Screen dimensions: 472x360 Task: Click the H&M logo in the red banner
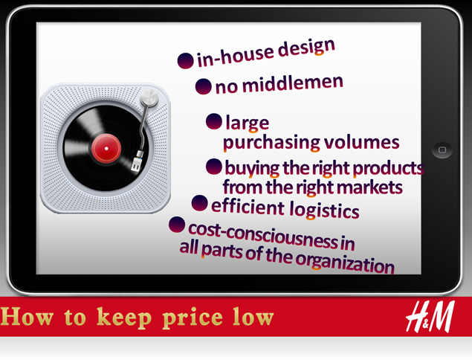tap(430, 316)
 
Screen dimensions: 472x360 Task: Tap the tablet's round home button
tap(442, 150)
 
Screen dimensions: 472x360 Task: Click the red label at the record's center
tap(106, 149)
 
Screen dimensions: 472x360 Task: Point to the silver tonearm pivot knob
tap(149, 97)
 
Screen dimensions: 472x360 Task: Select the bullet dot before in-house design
tap(185, 60)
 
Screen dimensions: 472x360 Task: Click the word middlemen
tap(293, 83)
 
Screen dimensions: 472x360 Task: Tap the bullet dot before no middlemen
tap(203, 86)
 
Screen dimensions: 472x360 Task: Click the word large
tap(247, 123)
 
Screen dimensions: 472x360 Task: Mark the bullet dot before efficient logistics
tap(199, 203)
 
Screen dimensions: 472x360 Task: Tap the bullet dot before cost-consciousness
tap(177, 225)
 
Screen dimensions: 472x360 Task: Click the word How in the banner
tap(28, 316)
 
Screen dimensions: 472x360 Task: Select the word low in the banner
tap(253, 316)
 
